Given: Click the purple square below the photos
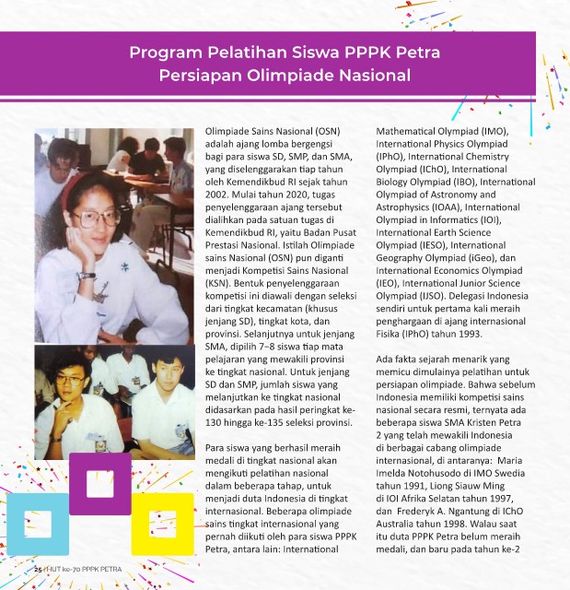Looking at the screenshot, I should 99,482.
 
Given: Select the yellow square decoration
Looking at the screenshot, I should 161,524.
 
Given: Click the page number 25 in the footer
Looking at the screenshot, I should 39,570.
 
